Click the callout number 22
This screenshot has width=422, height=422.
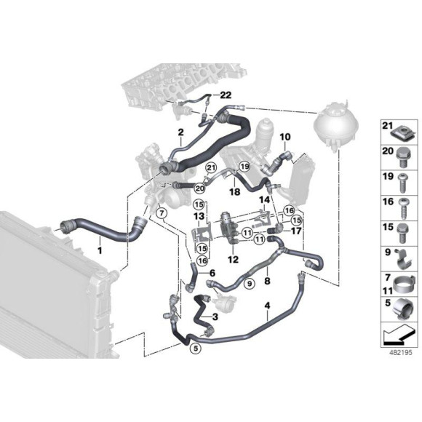coord(226,95)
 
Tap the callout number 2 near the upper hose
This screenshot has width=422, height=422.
coord(180,132)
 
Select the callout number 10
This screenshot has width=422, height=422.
coord(285,137)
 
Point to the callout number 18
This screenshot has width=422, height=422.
coord(235,192)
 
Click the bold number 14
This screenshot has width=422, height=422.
coord(264,199)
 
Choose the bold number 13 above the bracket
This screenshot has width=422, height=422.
coord(199,216)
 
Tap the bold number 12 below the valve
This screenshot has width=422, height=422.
coord(233,260)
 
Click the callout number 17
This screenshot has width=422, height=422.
coord(296,231)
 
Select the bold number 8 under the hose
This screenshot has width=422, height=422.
coord(267,281)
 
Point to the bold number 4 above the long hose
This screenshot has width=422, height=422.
coord(267,306)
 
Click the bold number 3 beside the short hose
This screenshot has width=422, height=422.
coord(215,317)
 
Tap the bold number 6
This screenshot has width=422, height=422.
coord(212,274)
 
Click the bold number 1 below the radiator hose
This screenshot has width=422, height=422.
coord(100,250)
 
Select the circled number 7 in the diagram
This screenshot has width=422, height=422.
coord(162,214)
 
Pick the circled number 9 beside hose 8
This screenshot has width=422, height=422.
coord(250,284)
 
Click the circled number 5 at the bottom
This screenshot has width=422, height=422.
coord(196,349)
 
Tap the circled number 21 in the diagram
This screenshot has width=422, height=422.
coord(211,168)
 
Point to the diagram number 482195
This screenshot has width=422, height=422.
coord(400,353)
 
